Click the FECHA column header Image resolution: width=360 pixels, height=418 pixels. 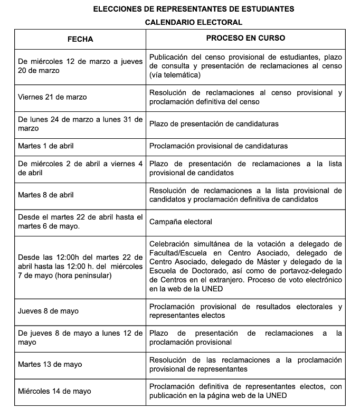click(80, 40)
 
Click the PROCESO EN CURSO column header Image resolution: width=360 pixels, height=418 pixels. click(245, 39)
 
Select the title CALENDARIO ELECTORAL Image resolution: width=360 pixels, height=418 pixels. click(194, 22)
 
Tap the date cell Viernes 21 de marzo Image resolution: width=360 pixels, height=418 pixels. click(52, 97)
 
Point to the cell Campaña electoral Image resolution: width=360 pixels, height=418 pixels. click(181, 222)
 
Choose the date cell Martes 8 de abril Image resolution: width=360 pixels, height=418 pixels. click(46, 195)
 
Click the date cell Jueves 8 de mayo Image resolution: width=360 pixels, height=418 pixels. click(48, 311)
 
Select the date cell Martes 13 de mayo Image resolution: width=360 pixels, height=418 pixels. click(50, 364)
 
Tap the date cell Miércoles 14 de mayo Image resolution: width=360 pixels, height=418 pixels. click(54, 391)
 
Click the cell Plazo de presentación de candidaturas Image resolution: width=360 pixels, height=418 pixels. click(214, 124)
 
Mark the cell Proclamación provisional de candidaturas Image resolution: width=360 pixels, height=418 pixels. click(219, 146)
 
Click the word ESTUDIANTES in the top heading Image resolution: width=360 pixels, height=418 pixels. click(266, 9)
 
